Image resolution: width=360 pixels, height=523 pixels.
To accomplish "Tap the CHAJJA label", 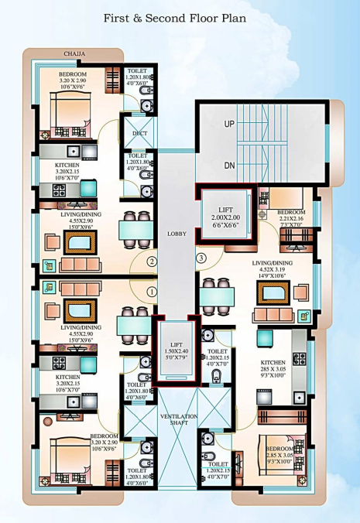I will (74, 54).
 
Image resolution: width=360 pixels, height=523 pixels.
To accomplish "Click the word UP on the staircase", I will (229, 124).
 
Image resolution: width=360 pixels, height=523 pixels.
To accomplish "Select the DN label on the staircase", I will (229, 166).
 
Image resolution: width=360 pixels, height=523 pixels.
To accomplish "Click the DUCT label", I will (139, 133).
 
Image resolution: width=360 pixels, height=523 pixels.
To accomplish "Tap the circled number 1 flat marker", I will (152, 292).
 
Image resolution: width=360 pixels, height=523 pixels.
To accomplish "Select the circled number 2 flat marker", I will (153, 261).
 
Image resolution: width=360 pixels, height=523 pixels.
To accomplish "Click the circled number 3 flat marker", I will (201, 258).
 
